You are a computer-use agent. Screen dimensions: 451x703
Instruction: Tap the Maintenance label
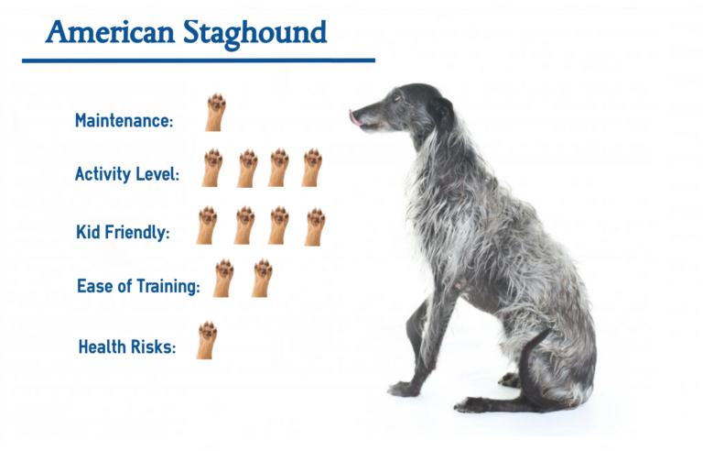pos(124,121)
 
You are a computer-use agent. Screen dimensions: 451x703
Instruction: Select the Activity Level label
pos(127,174)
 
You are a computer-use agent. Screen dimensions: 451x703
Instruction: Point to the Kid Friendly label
pos(123,233)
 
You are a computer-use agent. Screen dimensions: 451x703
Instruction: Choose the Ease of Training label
pos(138,287)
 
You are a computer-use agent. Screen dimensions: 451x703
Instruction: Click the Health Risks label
pos(127,346)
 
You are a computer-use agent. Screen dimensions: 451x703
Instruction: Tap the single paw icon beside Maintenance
pos(215,112)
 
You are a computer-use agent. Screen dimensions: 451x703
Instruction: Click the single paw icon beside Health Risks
pos(206,339)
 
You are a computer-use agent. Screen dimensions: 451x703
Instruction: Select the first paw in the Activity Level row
pos(212,168)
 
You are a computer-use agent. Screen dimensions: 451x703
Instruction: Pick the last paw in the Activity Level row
pos(311,168)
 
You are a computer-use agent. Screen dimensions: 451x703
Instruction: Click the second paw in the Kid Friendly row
pos(243,225)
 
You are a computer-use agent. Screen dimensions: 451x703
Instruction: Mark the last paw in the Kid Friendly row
pos(314,225)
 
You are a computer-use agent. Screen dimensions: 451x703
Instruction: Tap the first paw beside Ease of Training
pos(222,278)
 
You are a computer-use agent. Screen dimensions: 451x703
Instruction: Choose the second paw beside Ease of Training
pos(262,278)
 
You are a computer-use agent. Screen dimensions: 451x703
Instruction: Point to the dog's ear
pos(443,110)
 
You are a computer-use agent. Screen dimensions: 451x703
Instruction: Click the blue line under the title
pos(198,60)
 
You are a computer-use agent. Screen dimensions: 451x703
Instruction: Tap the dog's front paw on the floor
pos(403,389)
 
